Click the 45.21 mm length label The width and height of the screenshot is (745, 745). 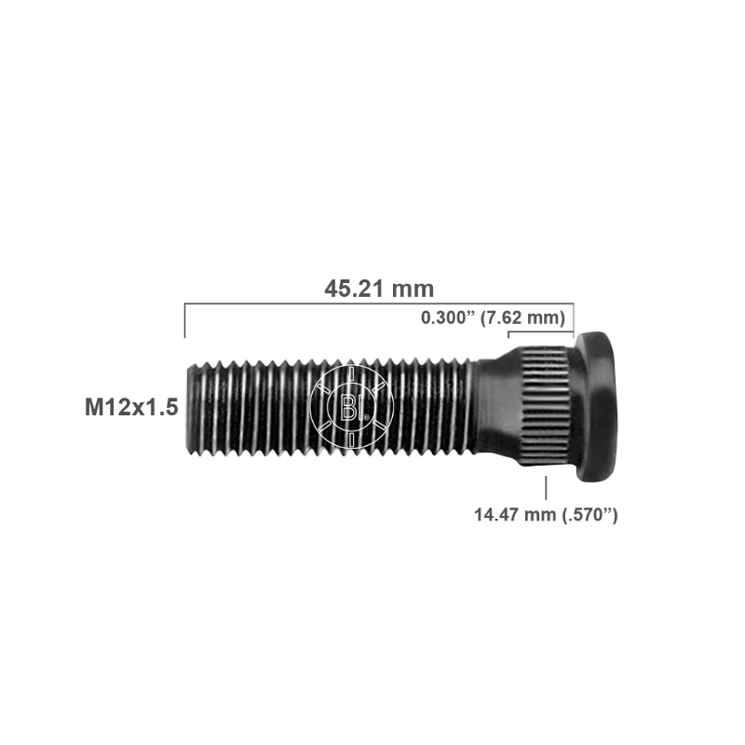[379, 289]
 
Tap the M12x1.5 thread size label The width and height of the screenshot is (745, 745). [131, 407]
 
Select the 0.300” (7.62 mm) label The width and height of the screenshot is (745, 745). [494, 318]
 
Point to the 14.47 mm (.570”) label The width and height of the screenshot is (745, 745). [546, 515]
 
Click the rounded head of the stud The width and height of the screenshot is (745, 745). [596, 406]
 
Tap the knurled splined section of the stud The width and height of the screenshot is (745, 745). [546, 406]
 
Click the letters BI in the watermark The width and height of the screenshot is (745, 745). [349, 408]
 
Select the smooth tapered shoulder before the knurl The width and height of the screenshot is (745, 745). [499, 407]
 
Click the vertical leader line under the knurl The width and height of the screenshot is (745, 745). [546, 488]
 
